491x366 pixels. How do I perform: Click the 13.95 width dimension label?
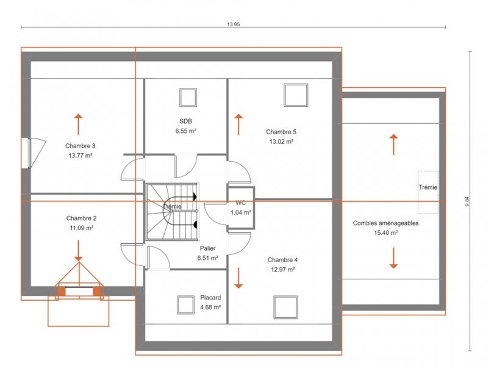coord(233,24)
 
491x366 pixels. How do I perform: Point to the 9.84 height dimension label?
coord(467,201)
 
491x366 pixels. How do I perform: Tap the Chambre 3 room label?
coord(80,146)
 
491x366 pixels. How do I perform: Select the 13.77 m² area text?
coord(81,156)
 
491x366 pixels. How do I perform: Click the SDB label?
coord(185,121)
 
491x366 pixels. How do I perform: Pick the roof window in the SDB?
coord(188,98)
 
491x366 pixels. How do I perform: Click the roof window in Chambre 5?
coord(296,95)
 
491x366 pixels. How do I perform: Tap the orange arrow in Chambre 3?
coord(78,124)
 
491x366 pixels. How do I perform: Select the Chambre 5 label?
coord(281,132)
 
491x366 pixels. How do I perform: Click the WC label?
coord(240,203)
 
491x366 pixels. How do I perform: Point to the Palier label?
coord(207,248)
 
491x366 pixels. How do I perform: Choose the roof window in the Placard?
coord(185,304)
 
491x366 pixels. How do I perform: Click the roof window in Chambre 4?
coord(285,307)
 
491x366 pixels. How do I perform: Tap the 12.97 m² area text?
coord(283,269)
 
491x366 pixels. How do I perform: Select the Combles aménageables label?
coord(385,223)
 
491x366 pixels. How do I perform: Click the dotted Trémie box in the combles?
coord(428,192)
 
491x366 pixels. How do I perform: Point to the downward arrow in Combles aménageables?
coord(393,258)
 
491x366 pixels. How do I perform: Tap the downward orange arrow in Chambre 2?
coord(78,251)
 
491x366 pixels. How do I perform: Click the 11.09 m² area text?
coord(81,228)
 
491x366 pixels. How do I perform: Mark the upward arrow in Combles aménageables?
coord(393,145)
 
